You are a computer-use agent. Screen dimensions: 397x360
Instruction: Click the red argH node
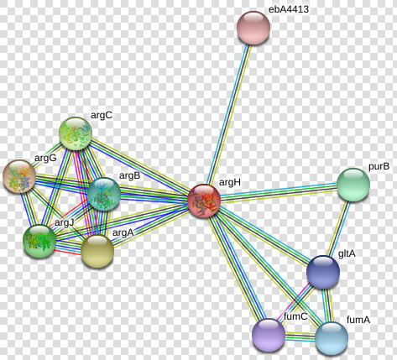(x=204, y=201)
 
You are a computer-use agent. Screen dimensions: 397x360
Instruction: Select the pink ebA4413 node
(x=253, y=28)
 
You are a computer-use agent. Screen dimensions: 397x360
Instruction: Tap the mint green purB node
(x=353, y=185)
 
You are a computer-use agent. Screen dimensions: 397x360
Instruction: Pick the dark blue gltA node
(x=323, y=272)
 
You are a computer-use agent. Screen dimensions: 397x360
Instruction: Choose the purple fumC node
(x=269, y=335)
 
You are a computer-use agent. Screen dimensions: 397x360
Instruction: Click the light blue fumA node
(x=332, y=338)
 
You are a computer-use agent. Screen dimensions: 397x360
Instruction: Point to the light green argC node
(x=76, y=133)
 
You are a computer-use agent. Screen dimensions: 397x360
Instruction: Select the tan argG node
(x=19, y=176)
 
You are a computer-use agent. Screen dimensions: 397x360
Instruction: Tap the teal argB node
(x=104, y=194)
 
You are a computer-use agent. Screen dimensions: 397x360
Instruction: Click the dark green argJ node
(x=39, y=241)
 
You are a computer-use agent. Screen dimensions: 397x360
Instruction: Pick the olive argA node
(x=97, y=251)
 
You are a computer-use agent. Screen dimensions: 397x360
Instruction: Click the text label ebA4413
(x=289, y=9)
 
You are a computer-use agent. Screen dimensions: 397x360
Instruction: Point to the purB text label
(x=379, y=166)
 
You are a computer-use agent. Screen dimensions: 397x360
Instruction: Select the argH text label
(x=230, y=182)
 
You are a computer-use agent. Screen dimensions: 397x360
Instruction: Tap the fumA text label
(x=358, y=320)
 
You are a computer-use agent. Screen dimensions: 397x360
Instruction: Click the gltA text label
(x=347, y=253)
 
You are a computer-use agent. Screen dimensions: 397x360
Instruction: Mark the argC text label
(x=102, y=115)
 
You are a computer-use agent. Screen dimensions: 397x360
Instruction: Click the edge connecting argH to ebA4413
(x=228, y=114)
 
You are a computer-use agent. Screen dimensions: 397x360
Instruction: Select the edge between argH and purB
(x=279, y=192)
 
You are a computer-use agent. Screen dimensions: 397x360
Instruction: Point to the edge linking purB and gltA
(x=339, y=228)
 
